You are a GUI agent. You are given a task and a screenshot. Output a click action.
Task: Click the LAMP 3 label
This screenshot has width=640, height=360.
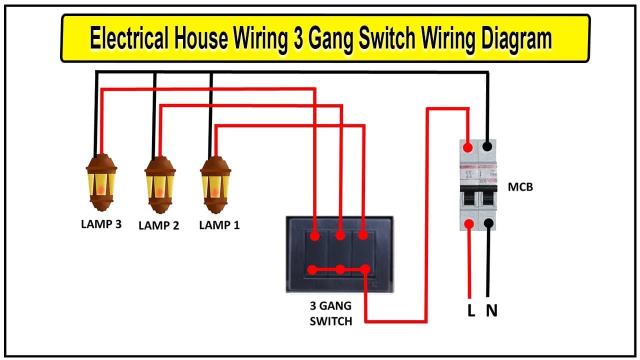pos(101,224)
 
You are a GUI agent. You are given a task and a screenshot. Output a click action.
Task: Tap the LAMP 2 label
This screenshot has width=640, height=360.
pos(159,225)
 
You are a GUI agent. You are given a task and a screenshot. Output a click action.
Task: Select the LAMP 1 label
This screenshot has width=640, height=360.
pos(219,225)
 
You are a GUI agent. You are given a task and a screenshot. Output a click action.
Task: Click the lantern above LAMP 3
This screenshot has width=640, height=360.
pos(101,183)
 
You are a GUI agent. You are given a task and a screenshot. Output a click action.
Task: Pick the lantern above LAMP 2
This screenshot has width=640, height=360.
pos(160,185)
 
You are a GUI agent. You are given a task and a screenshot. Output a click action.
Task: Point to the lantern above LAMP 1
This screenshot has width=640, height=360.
pos(215,185)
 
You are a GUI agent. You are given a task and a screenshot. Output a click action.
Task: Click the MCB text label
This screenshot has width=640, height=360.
pos(520,187)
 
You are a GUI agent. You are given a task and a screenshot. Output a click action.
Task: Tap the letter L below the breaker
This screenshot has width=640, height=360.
pos(471,310)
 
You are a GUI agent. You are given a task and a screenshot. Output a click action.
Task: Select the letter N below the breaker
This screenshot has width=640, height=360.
pos(491,310)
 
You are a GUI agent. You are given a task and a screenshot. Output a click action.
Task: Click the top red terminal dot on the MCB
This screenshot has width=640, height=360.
pos(468,147)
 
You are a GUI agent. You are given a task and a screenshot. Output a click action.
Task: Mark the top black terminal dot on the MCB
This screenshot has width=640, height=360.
pos(487,147)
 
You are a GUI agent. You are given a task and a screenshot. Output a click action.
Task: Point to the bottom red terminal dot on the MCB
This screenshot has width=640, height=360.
pos(469,224)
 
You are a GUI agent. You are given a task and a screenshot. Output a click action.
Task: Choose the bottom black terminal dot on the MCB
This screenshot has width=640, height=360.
pos(489,223)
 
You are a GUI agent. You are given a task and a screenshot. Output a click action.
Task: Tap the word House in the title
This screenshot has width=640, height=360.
pos(201,37)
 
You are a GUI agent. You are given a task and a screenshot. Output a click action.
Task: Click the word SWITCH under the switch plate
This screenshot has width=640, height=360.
pos(331,321)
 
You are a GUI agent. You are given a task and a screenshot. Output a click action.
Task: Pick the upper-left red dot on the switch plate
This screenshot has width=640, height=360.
pos(315,236)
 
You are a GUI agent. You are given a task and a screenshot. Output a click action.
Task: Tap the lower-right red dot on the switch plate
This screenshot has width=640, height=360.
pos(365,269)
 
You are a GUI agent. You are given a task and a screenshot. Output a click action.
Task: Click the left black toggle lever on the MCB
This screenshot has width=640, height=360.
pos(469,198)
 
